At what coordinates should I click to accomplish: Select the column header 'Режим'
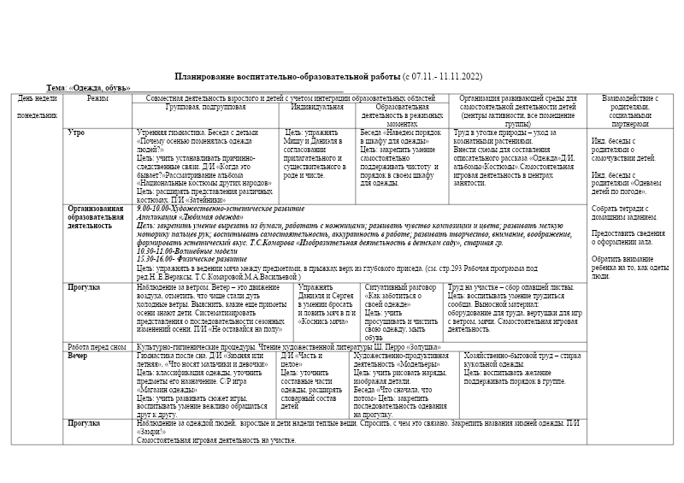click(x=97, y=99)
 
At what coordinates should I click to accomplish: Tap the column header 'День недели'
click(x=36, y=99)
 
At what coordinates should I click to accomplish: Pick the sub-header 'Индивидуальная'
click(x=317, y=107)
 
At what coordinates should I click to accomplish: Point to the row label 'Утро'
click(x=76, y=133)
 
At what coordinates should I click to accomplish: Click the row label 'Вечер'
click(x=78, y=354)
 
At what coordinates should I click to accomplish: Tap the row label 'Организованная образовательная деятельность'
click(x=96, y=217)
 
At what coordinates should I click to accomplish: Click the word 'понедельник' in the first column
click(x=37, y=114)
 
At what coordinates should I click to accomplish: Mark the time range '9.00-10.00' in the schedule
click(x=153, y=208)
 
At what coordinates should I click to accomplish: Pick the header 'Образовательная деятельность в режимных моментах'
click(x=401, y=114)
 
